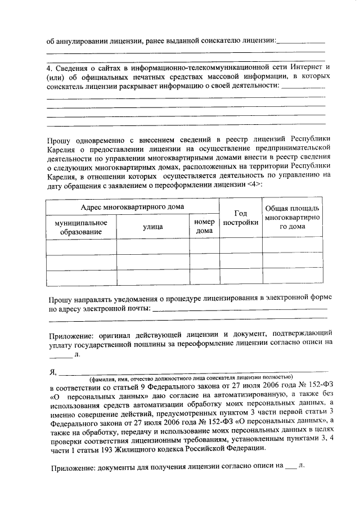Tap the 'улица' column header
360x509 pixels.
pos(152,227)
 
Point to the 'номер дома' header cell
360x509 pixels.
pos(204,227)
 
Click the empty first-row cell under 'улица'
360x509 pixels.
pos(152,247)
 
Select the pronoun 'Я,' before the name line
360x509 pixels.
pos(53,371)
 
